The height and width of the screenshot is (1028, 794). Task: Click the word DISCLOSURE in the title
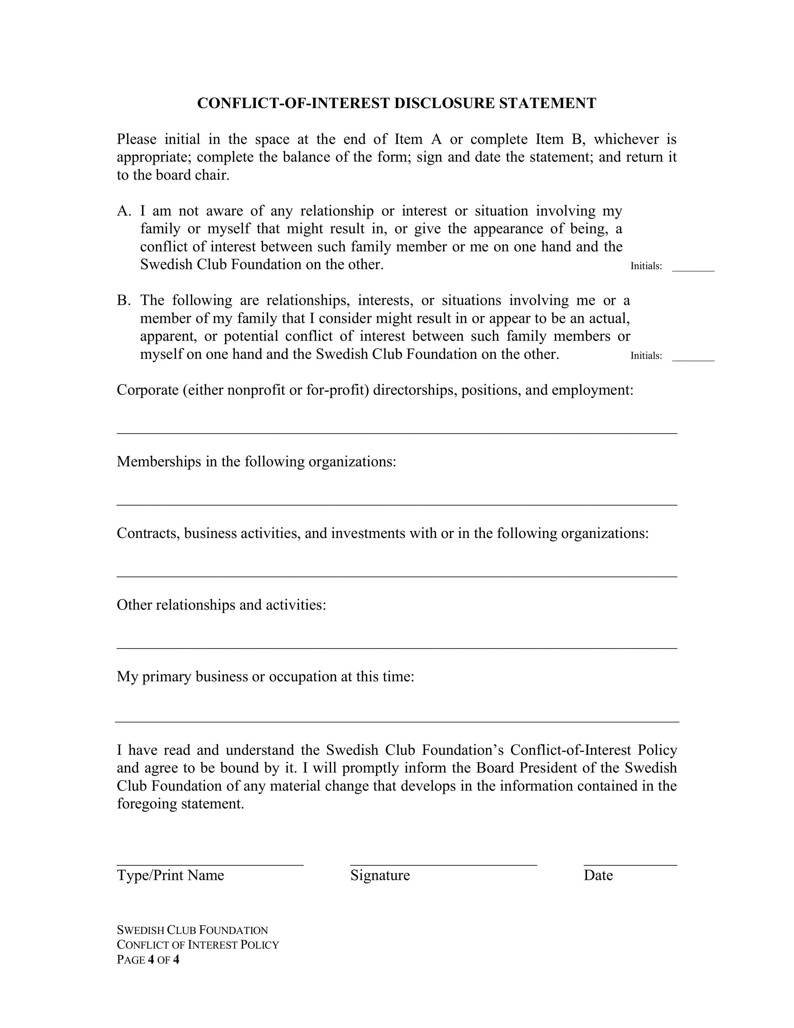click(x=444, y=103)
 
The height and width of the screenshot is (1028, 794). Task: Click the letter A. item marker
click(x=124, y=211)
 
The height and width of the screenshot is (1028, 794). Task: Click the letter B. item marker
click(x=124, y=300)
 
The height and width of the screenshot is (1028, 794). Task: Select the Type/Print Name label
click(x=170, y=875)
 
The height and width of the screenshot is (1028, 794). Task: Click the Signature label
click(x=380, y=875)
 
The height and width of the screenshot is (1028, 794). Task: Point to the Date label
click(x=598, y=875)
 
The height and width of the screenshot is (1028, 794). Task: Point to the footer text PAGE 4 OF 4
click(x=148, y=960)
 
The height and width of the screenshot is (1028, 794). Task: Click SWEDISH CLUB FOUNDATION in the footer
click(x=192, y=930)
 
